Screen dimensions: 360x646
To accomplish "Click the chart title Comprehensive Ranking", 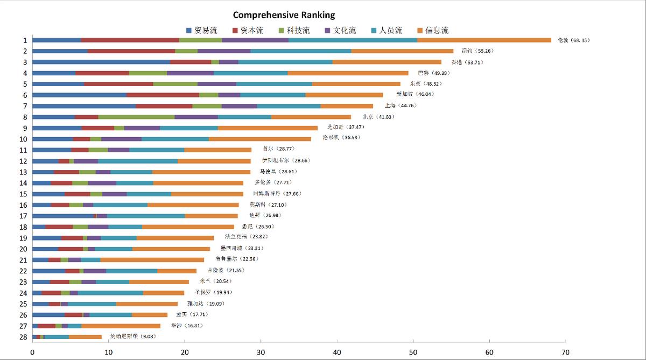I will [284, 15].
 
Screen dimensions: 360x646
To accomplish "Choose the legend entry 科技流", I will [294, 31].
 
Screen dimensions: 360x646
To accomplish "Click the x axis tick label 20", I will [185, 353].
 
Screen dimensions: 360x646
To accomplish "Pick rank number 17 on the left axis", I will [23, 216].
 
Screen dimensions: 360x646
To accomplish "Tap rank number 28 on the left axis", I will [23, 337].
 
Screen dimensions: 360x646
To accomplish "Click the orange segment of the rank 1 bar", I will [484, 40].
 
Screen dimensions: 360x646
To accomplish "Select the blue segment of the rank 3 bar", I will [101, 62].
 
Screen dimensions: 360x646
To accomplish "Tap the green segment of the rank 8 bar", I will [136, 117].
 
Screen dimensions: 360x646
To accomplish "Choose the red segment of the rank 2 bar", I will [131, 51].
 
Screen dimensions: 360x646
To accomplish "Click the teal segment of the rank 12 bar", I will [138, 160].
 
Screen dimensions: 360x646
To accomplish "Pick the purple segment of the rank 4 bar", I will [190, 73].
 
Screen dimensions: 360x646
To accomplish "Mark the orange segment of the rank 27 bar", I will [121, 326].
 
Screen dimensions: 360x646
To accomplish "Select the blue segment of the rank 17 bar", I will [63, 216].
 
